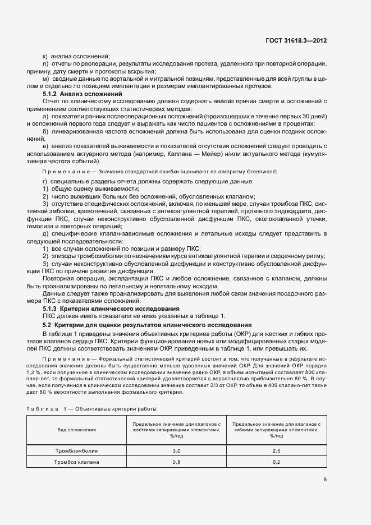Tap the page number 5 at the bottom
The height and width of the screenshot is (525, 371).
point(325,480)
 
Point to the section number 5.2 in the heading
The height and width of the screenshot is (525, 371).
point(47,325)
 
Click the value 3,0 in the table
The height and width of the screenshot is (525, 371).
point(176,450)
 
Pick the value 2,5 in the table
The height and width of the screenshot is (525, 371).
point(276,450)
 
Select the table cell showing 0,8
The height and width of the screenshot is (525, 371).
point(176,462)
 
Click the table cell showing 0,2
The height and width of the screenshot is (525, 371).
point(276,462)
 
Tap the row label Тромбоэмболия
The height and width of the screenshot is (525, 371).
point(76,450)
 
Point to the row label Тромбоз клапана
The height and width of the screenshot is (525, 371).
point(77,462)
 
